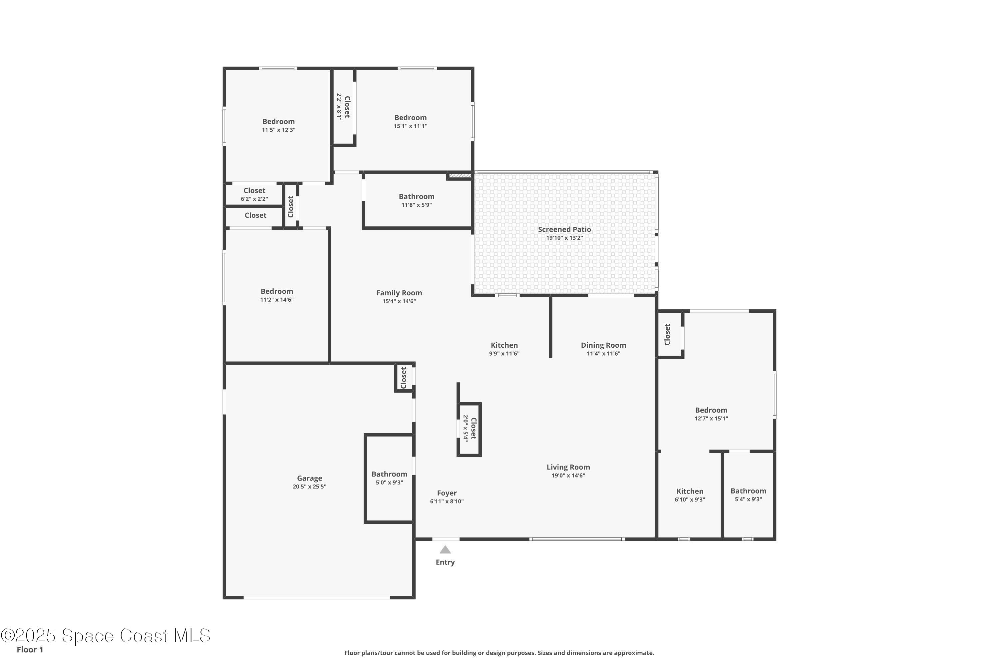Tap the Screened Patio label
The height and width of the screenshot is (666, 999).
tap(564, 229)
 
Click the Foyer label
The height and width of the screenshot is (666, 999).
tap(447, 493)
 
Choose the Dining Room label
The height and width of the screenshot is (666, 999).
tap(603, 345)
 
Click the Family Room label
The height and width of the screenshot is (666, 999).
tap(399, 293)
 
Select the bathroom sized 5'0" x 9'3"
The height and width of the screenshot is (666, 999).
tap(389, 478)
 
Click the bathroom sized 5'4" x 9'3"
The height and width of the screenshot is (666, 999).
tap(748, 495)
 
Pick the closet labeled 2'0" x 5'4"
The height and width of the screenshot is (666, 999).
tap(469, 429)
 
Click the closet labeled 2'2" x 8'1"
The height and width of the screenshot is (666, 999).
tap(343, 107)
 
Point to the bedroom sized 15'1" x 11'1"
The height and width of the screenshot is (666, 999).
tap(410, 122)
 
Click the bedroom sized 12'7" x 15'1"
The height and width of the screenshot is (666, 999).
tap(711, 414)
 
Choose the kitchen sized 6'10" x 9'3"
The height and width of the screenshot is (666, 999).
tap(689, 495)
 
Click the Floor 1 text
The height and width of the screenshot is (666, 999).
tap(30, 649)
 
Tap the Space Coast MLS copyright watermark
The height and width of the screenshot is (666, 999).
tap(105, 635)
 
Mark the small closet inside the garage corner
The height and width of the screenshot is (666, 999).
tap(404, 378)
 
